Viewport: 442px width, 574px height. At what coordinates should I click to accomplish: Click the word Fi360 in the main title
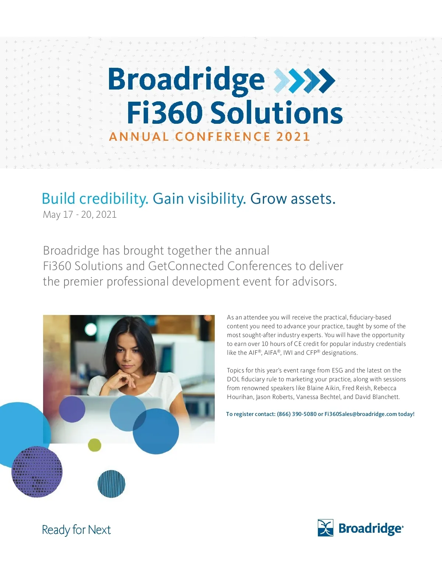(x=165, y=113)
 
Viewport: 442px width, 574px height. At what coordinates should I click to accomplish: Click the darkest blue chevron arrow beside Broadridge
(x=327, y=81)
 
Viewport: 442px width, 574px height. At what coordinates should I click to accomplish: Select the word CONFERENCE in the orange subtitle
(x=222, y=137)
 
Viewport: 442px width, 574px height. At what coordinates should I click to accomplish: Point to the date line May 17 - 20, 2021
(x=80, y=214)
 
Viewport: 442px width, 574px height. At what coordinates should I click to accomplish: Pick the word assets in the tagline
(x=313, y=199)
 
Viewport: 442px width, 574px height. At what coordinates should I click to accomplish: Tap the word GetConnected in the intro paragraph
(x=186, y=266)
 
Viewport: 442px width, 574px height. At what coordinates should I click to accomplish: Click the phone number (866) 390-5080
(x=297, y=414)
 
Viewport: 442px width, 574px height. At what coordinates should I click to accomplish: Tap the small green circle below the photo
(x=95, y=445)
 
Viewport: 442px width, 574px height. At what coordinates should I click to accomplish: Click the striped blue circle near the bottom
(x=112, y=484)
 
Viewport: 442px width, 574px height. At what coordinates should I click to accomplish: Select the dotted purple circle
(x=37, y=472)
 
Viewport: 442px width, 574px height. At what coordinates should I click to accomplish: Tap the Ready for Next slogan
(x=76, y=530)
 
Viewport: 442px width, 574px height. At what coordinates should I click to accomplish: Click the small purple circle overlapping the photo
(x=72, y=409)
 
